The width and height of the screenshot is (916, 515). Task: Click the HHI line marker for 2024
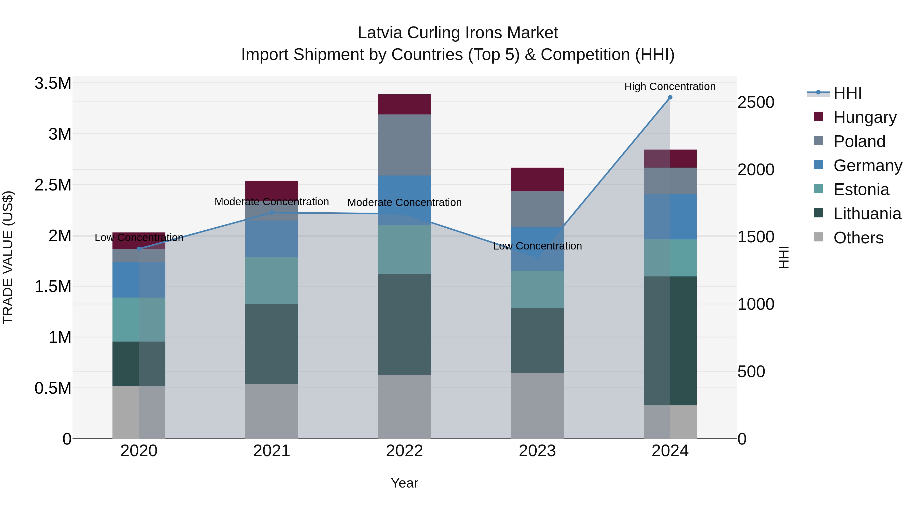click(670, 97)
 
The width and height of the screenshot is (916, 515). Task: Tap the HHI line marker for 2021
click(272, 213)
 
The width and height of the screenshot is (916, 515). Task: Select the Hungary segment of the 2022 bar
click(404, 105)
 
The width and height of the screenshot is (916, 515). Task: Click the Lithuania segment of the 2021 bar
click(272, 344)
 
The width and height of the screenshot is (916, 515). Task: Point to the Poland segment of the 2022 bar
click(404, 145)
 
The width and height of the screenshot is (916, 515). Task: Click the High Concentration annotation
click(670, 86)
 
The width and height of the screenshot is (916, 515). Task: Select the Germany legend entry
click(868, 166)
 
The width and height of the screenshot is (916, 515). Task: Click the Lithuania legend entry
click(867, 214)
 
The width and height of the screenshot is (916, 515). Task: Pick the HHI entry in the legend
click(847, 93)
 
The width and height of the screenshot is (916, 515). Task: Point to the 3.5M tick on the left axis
click(53, 83)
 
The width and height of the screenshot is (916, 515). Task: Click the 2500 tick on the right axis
click(756, 102)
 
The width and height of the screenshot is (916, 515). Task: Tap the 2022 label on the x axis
click(404, 451)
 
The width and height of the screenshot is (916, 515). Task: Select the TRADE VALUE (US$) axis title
click(8, 257)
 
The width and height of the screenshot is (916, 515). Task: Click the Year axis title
click(404, 483)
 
